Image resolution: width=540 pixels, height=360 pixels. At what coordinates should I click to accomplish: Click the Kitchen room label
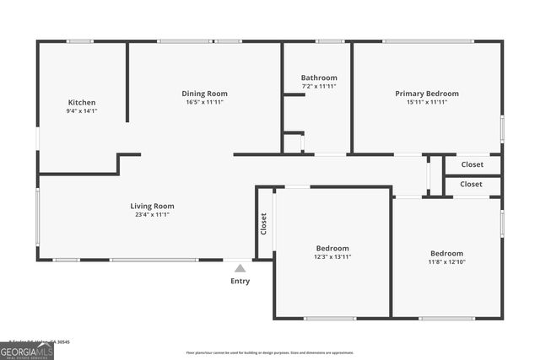82,102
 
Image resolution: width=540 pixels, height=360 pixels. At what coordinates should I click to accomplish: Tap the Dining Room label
205,94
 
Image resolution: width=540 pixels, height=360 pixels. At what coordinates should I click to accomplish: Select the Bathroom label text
319,78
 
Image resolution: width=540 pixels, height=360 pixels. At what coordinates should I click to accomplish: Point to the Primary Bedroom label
427,94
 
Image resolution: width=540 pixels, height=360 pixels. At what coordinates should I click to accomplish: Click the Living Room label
152,206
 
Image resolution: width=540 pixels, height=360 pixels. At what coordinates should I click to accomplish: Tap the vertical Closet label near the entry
263,223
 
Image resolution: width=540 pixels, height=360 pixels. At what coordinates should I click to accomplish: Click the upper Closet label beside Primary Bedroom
472,164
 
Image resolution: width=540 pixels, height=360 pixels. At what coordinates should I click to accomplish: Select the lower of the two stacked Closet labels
472,184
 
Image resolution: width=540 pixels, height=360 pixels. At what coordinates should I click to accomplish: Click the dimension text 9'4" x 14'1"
82,111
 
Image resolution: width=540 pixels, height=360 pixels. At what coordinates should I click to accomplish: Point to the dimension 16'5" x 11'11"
205,102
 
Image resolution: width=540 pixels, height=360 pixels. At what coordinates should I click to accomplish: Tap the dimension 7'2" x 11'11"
319,86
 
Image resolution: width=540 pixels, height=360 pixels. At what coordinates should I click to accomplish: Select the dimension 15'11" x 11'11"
427,102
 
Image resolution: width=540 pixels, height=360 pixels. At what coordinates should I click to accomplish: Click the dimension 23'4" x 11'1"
152,215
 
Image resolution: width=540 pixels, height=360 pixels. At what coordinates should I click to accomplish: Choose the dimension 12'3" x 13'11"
332,256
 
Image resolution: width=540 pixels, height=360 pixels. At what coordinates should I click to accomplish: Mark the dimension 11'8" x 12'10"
446,262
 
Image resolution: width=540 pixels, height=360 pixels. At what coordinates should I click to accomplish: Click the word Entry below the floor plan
240,281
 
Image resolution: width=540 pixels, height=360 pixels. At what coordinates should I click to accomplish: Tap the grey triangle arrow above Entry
240,268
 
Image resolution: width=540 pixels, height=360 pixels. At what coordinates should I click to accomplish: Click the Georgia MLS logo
27,349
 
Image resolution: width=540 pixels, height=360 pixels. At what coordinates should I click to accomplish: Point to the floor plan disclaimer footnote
270,352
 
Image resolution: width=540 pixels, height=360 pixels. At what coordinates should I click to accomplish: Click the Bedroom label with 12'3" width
332,248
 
